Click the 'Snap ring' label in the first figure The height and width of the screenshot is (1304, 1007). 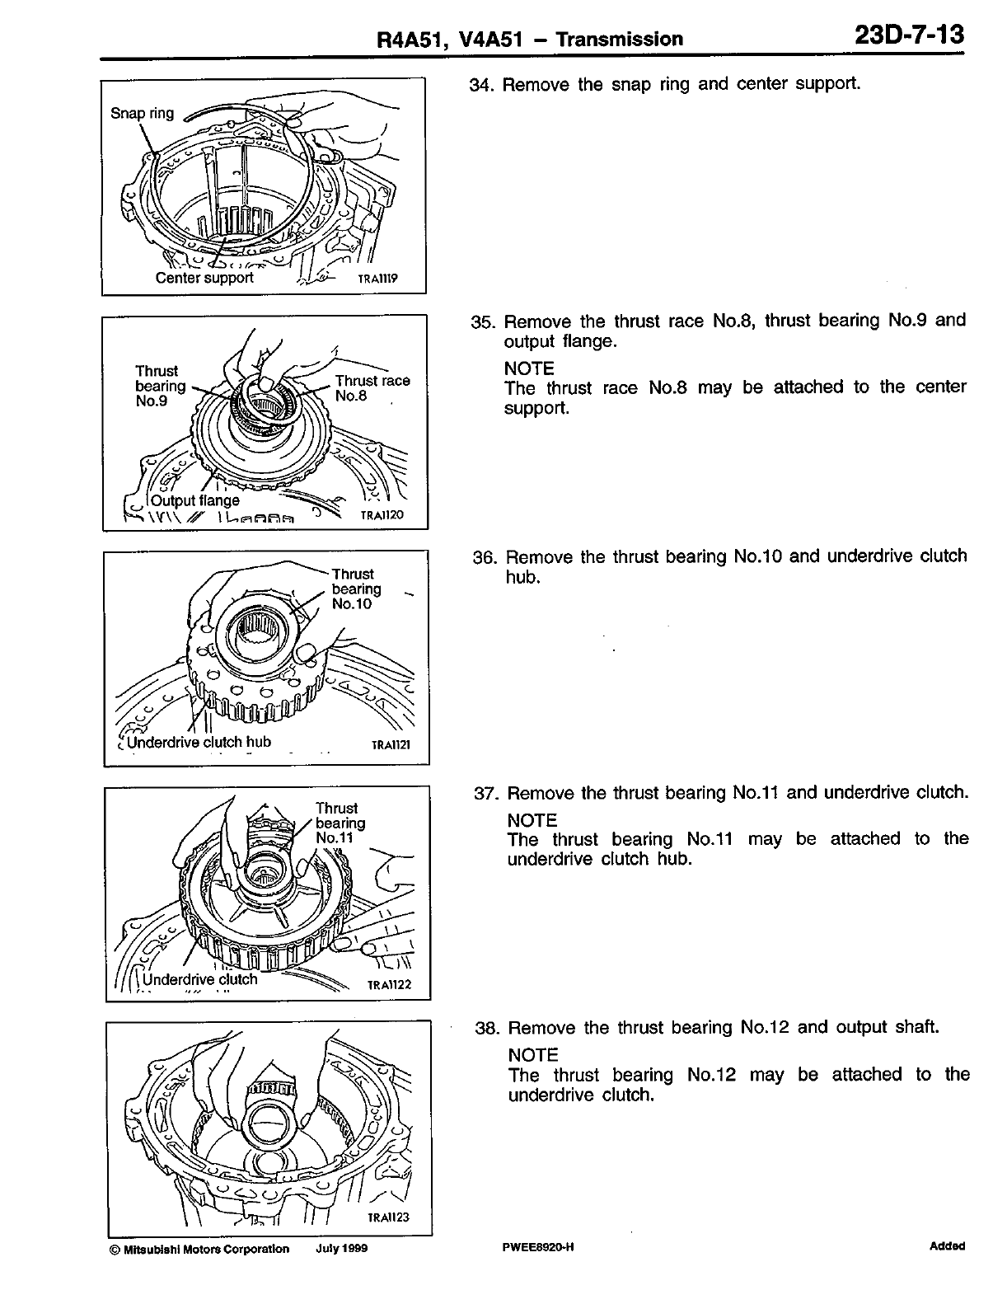tap(142, 113)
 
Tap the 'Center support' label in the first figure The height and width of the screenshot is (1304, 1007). tap(204, 278)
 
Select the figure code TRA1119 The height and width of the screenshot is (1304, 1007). tap(377, 279)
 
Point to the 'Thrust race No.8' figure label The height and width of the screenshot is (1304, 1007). tap(372, 388)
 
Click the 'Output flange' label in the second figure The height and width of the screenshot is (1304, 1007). tap(195, 500)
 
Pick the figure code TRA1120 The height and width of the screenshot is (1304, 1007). tap(382, 516)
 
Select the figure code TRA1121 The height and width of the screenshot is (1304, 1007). tap(390, 745)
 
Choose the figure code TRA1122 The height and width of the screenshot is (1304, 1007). tap(389, 984)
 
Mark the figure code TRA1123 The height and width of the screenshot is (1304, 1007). tap(388, 1217)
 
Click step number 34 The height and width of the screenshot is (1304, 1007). tap(480, 85)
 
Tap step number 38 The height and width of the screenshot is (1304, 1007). tap(488, 1029)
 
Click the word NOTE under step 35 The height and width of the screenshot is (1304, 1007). tap(529, 368)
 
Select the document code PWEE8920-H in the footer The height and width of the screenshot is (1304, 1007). tap(537, 1248)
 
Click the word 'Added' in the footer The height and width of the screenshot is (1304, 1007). tap(947, 1246)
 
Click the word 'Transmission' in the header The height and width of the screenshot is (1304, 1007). tap(620, 39)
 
